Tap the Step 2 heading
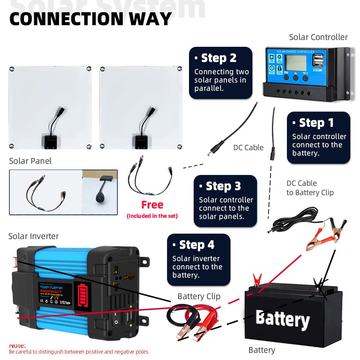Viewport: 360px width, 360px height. [219, 58]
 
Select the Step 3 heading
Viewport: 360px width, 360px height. [223, 186]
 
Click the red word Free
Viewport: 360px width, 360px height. [152, 205]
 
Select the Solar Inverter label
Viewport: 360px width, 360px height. [33, 236]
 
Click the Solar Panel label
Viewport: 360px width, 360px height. [30, 161]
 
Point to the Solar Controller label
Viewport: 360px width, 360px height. [318, 37]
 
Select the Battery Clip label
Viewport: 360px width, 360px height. [199, 296]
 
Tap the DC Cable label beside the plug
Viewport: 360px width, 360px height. [248, 148]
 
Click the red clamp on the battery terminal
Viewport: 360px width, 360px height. [257, 279]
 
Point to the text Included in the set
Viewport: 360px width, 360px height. [152, 216]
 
